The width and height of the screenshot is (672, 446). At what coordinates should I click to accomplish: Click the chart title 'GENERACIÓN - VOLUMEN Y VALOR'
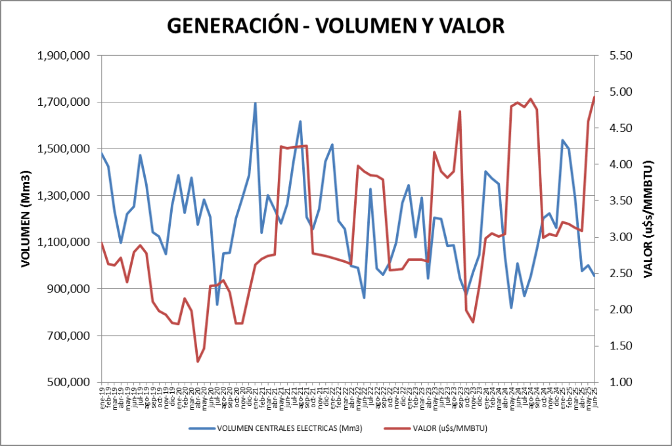[x=336, y=25]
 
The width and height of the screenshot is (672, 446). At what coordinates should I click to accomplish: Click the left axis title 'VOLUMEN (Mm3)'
[x=26, y=219]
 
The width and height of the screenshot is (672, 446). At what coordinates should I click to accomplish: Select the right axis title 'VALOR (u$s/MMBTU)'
[x=648, y=219]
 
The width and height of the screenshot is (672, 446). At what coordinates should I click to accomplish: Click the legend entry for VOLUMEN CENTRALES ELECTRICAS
[x=276, y=428]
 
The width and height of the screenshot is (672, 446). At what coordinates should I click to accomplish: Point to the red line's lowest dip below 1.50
[x=197, y=361]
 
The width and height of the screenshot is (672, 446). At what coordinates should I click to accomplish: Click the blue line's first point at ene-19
[x=102, y=153]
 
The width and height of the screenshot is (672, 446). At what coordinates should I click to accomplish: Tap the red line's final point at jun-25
[x=594, y=97]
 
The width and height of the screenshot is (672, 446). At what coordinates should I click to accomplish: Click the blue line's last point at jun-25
[x=594, y=276]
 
